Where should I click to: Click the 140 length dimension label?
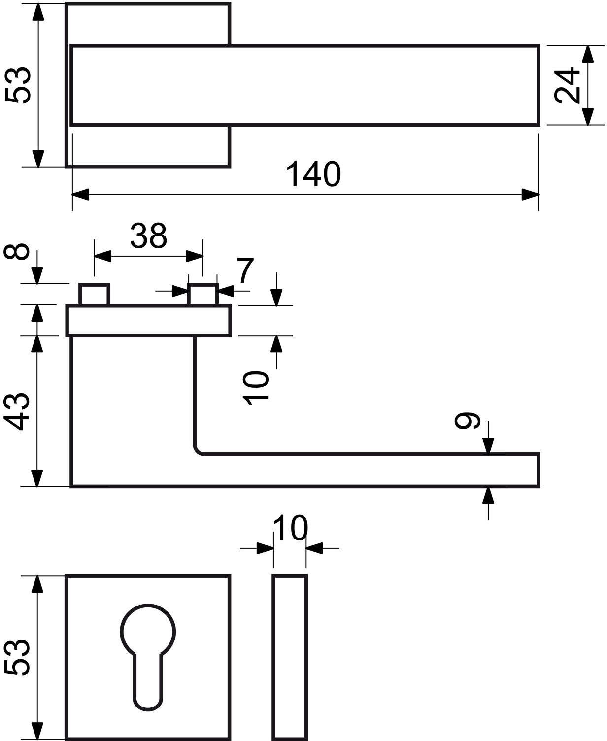tap(313, 174)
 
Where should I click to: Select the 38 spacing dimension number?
tap(148, 236)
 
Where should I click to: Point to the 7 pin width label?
tap(245, 270)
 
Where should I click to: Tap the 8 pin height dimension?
tap(16, 251)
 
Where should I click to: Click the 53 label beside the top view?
tap(18, 85)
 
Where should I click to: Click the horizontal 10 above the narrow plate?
tap(290, 528)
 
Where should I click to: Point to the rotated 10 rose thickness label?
tap(256, 388)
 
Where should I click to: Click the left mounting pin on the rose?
tap(94, 295)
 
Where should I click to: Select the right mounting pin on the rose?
tap(202, 295)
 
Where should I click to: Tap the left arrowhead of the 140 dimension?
tap(80, 194)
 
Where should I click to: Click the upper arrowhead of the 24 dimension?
tap(588, 54)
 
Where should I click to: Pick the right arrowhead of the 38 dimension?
tap(195, 256)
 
